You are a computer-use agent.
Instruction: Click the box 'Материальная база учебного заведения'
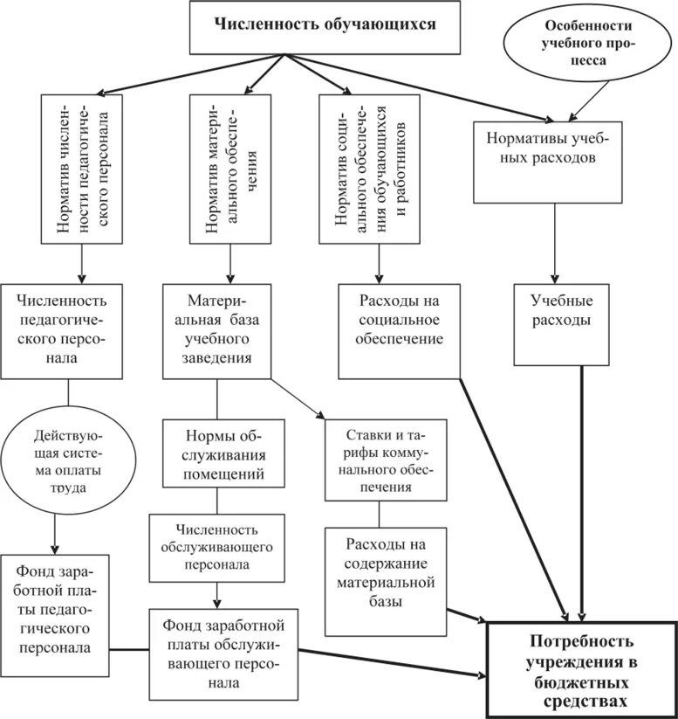[x=217, y=329]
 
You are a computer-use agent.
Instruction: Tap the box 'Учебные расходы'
[x=559, y=321]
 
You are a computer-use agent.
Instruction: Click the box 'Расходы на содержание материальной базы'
[x=386, y=580]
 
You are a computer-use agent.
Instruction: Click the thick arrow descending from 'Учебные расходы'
[x=582, y=489]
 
